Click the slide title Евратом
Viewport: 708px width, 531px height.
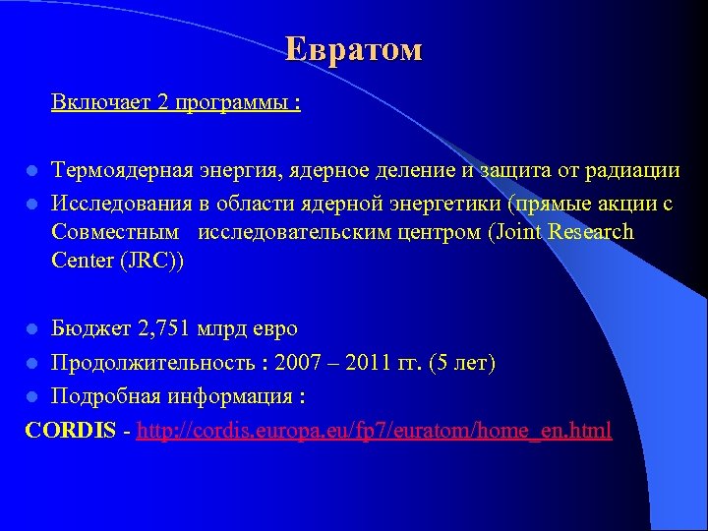(354, 49)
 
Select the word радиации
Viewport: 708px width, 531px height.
(633, 170)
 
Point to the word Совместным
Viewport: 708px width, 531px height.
(115, 232)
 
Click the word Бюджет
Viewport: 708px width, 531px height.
(87, 327)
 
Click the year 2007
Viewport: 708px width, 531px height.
(299, 364)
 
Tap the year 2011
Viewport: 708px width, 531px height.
(370, 364)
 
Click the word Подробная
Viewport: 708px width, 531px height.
(102, 396)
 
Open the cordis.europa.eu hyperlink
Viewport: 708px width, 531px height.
(375, 430)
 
